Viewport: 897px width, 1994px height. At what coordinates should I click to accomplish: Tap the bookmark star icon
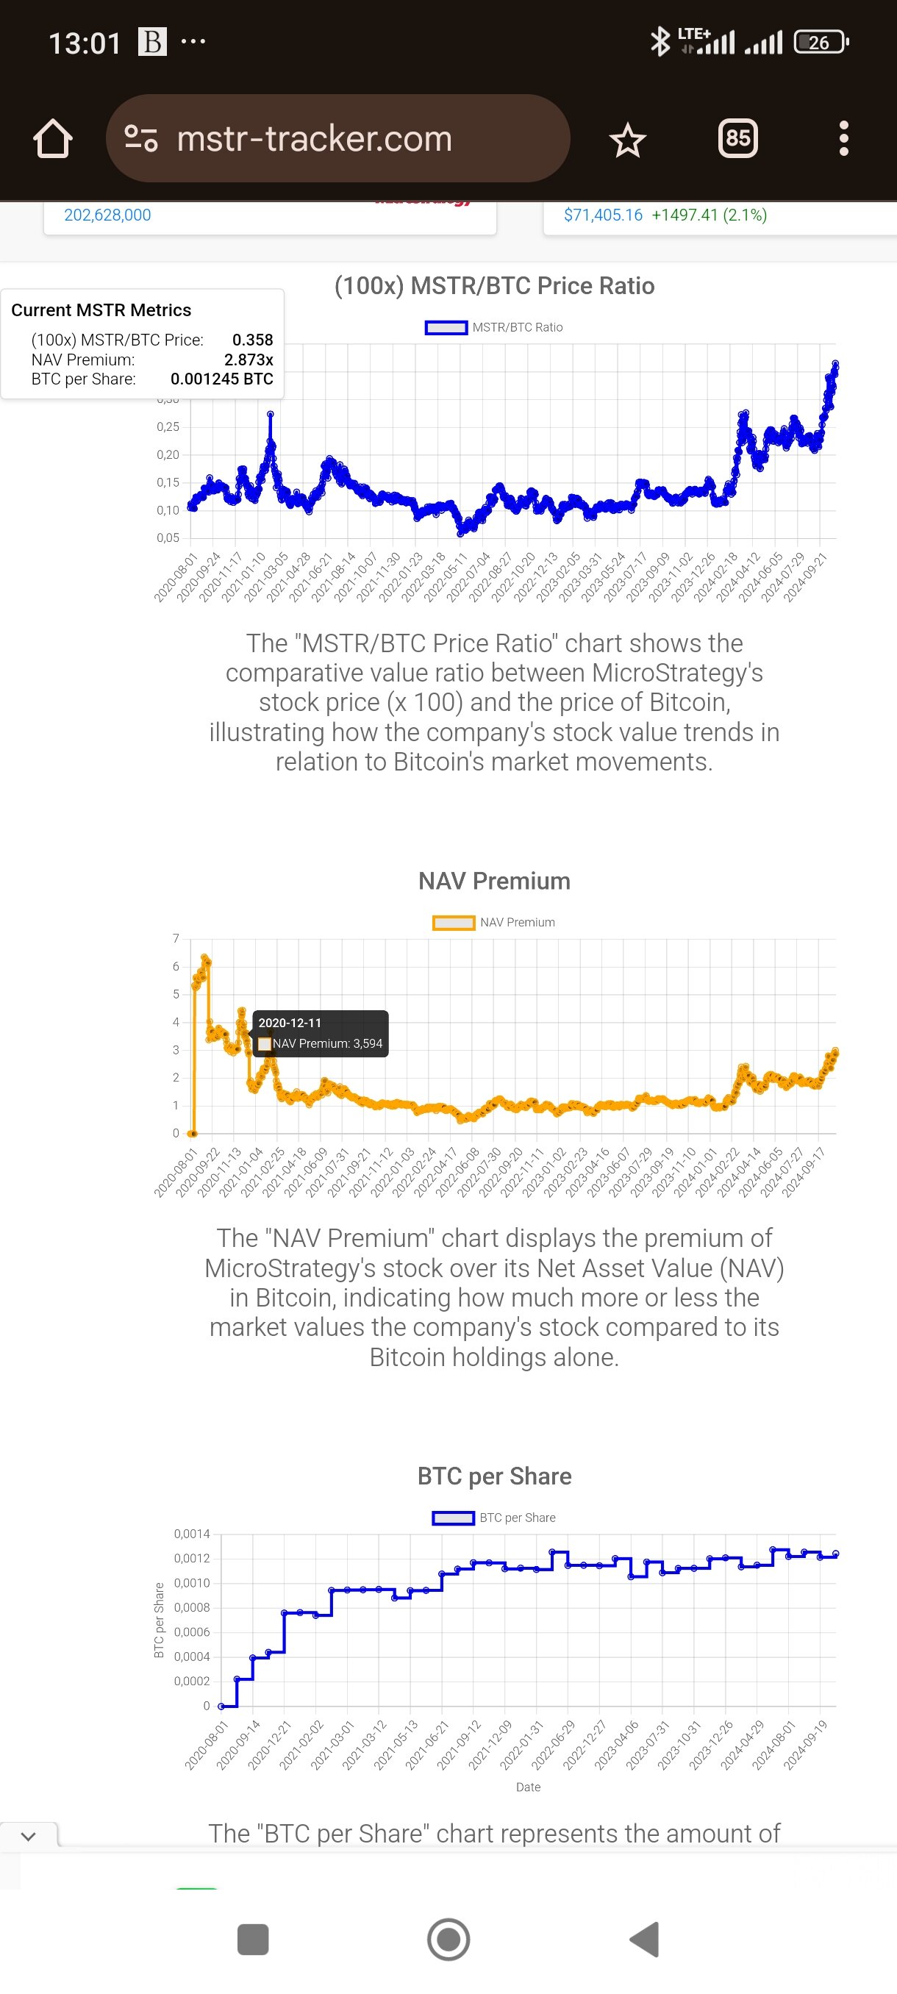coord(627,140)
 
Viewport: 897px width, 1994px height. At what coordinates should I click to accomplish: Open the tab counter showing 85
coord(737,138)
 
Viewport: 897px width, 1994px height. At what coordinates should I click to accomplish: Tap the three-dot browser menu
coord(843,138)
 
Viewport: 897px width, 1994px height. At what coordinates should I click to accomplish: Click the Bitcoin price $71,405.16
coord(603,215)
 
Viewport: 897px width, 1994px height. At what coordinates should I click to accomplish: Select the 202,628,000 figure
coord(107,215)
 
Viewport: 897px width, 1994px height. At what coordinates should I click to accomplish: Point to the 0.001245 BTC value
coord(221,379)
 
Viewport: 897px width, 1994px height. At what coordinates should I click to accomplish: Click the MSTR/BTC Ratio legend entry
coord(494,327)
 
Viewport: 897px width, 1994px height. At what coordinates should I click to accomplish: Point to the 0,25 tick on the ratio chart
coord(168,427)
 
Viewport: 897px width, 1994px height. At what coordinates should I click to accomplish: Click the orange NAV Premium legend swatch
coord(454,923)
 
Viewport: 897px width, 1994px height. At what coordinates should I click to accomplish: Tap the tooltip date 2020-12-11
coord(290,1023)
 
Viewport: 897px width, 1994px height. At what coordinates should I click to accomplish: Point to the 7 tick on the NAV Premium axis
coord(176,939)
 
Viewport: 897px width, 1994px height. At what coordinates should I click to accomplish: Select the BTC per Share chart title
coord(494,1476)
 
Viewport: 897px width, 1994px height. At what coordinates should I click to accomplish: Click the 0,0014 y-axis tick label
coord(191,1534)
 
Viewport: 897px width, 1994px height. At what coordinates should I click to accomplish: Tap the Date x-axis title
coord(528,1787)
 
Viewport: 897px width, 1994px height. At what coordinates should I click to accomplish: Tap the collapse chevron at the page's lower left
coord(29,1836)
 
